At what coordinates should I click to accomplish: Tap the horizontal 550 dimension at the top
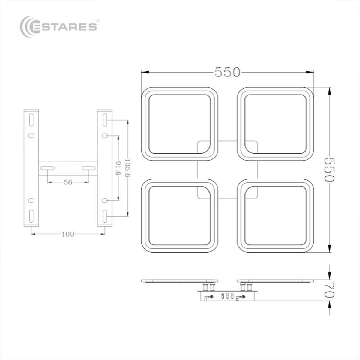pos(227,72)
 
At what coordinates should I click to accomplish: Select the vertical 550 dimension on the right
pos(329,169)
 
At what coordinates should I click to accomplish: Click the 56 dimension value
pos(68,182)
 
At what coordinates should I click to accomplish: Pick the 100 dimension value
pos(68,234)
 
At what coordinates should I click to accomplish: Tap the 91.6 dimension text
pos(118,168)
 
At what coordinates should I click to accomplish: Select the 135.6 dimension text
pos(127,168)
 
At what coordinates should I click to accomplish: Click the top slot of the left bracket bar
pos(31,120)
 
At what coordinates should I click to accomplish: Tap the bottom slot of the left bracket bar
pos(31,216)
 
